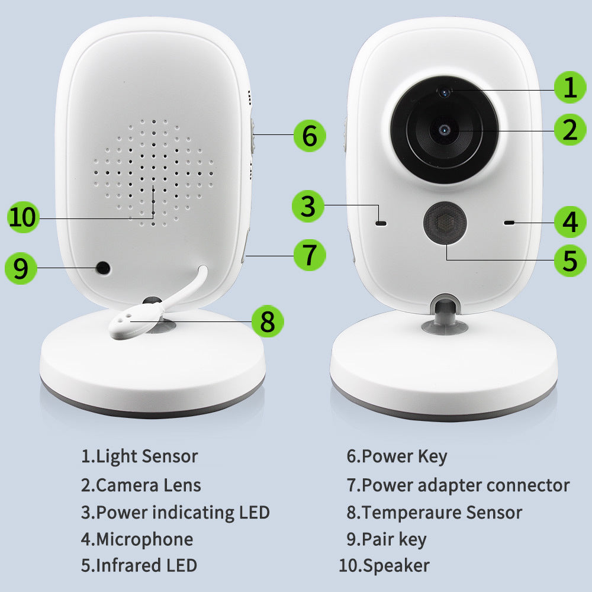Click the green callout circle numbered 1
(570, 88)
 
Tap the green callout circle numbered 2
(570, 130)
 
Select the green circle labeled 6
(309, 136)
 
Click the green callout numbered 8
(267, 321)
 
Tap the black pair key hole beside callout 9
(104, 268)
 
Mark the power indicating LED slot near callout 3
(381, 223)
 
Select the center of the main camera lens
(443, 128)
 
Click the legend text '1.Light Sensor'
(139, 456)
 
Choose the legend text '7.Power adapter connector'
(458, 485)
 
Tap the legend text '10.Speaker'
(384, 565)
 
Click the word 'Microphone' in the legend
(144, 539)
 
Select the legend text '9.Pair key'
(386, 539)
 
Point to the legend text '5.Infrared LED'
(139, 565)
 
